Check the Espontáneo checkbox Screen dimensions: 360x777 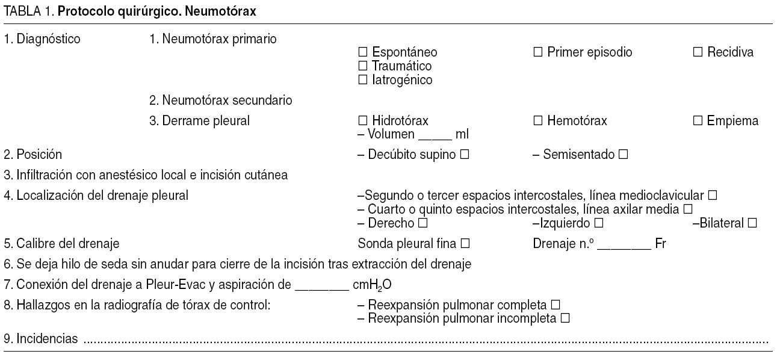(x=362, y=52)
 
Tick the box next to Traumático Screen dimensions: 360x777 (x=362, y=66)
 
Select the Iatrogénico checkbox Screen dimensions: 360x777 (x=362, y=79)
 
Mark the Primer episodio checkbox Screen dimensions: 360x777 (x=537, y=52)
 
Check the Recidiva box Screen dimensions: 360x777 (x=698, y=52)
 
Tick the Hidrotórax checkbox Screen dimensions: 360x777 (x=362, y=121)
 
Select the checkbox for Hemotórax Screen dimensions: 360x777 (x=537, y=121)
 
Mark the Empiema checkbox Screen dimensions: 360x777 (x=698, y=121)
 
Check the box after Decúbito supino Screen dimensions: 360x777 (x=464, y=155)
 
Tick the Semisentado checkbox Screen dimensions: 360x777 (x=623, y=155)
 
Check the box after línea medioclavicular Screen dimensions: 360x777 (x=713, y=196)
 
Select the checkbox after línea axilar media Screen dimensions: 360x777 (x=688, y=209)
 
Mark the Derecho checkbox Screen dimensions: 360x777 (x=423, y=223)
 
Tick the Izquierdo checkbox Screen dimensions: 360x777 (x=598, y=223)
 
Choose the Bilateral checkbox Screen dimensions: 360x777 (x=752, y=223)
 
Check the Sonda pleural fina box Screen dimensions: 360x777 (x=464, y=244)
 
